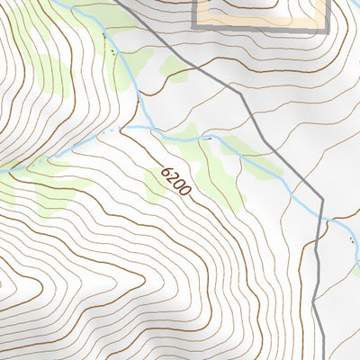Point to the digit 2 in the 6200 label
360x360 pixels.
pos(173,177)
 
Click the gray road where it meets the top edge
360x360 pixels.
pos(117,1)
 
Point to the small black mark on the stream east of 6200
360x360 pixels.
pos(209,139)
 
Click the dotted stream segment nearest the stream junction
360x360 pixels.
pos(108,134)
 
